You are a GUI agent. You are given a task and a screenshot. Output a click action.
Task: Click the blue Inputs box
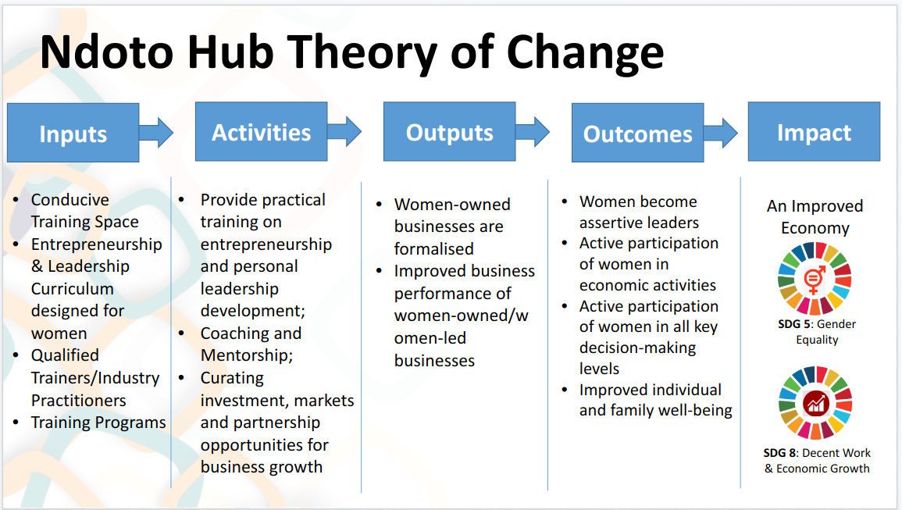73,133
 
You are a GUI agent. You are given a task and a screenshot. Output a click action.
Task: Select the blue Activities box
261,132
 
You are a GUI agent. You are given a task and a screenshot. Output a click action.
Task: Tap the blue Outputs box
449,132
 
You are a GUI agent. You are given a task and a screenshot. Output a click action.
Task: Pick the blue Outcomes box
637,133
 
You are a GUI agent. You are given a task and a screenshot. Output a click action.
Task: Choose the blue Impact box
814,132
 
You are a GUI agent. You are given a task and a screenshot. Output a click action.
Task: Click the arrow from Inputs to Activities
156,133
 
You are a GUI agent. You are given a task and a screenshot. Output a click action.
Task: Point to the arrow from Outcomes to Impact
721,133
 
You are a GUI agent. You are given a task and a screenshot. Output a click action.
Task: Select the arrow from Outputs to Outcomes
533,132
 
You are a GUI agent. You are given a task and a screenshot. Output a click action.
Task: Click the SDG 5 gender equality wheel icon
815,279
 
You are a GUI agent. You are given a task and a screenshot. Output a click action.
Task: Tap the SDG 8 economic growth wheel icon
815,402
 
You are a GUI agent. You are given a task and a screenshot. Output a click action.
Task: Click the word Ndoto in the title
106,52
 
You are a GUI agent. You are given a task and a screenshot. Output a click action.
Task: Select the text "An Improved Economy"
815,217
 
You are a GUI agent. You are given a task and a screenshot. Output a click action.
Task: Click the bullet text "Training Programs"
98,423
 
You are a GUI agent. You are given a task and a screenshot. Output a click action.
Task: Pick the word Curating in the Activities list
232,378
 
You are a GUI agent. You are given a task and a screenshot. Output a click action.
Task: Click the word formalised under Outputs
433,248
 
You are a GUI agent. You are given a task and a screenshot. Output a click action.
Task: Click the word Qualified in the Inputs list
65,355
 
